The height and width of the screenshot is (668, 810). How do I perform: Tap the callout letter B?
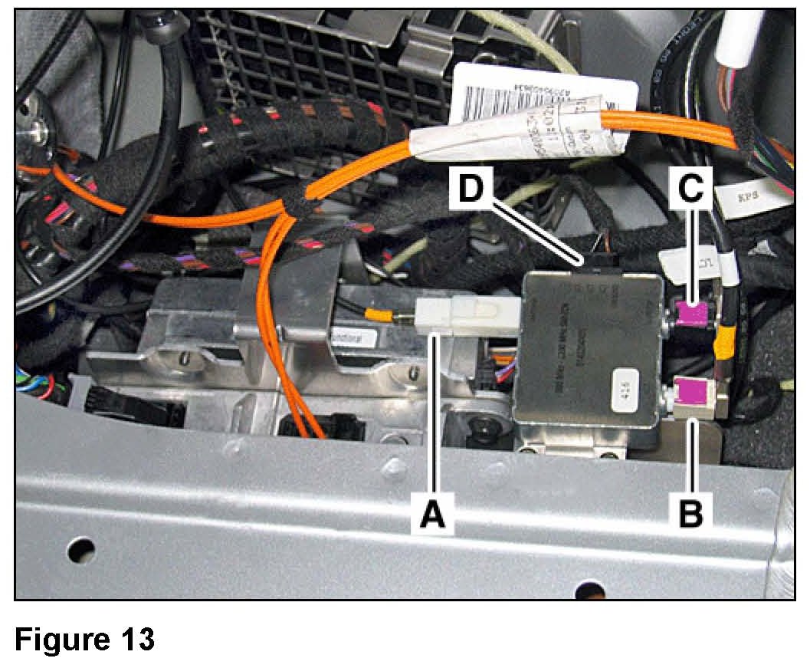(x=692, y=512)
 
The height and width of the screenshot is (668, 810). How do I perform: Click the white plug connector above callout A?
(x=467, y=314)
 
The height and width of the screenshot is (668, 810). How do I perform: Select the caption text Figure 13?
(x=85, y=638)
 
